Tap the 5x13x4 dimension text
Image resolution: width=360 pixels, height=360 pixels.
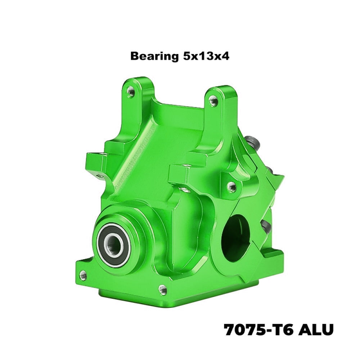pos(206,56)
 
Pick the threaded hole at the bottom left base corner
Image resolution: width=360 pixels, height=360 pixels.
pos(83,275)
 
